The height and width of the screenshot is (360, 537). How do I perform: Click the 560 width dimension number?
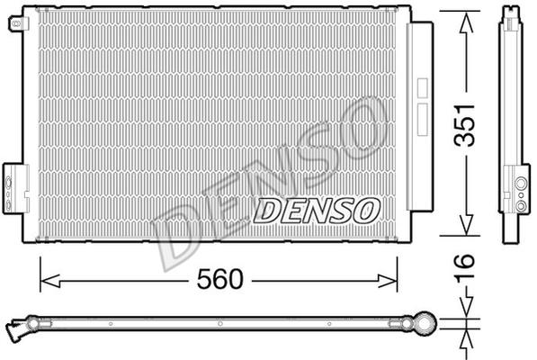pyautogui.click(x=219, y=279)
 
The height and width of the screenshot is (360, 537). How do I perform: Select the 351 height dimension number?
pyautogui.click(x=465, y=124)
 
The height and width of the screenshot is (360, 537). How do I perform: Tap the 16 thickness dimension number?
pyautogui.click(x=465, y=265)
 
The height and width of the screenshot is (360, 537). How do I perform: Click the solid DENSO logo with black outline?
pyautogui.click(x=318, y=211)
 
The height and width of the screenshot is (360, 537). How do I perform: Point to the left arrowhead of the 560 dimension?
pyautogui.click(x=50, y=281)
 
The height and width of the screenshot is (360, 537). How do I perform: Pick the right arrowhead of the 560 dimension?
pyautogui.click(x=388, y=281)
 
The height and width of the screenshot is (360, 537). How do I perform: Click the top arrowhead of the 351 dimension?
pyautogui.click(x=466, y=22)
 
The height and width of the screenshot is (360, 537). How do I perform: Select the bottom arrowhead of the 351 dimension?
pyautogui.click(x=466, y=225)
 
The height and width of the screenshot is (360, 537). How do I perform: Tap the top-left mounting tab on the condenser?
pyautogui.click(x=16, y=23)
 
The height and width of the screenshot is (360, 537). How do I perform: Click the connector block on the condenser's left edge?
pyautogui.click(x=15, y=189)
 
